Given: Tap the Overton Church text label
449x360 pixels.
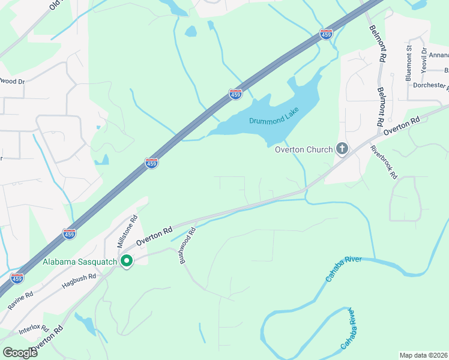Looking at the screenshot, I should click(x=304, y=149).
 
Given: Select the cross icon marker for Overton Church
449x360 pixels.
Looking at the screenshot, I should click(x=342, y=148).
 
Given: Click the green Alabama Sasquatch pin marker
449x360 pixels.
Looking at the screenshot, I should click(x=127, y=261).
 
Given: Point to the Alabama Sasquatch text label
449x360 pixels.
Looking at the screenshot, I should click(x=80, y=262).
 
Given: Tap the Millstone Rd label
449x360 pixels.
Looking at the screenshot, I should click(x=127, y=232).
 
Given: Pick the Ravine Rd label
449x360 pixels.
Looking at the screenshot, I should click(x=20, y=301).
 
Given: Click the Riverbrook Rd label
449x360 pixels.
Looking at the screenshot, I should click(x=384, y=162).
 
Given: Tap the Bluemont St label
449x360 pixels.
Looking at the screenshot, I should click(x=408, y=62).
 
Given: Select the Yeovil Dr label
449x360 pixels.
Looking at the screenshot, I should click(x=424, y=59).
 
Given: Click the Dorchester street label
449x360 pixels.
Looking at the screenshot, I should click(x=430, y=85).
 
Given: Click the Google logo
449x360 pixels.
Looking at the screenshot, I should click(x=20, y=352).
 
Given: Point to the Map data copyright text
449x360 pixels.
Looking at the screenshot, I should click(x=423, y=355).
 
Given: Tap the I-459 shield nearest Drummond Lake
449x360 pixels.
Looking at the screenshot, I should click(x=235, y=94).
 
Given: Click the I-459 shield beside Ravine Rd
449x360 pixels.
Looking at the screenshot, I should click(x=17, y=278).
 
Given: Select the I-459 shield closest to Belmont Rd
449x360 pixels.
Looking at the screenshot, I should click(x=326, y=35).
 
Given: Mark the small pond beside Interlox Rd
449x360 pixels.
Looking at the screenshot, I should click(x=88, y=325).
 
